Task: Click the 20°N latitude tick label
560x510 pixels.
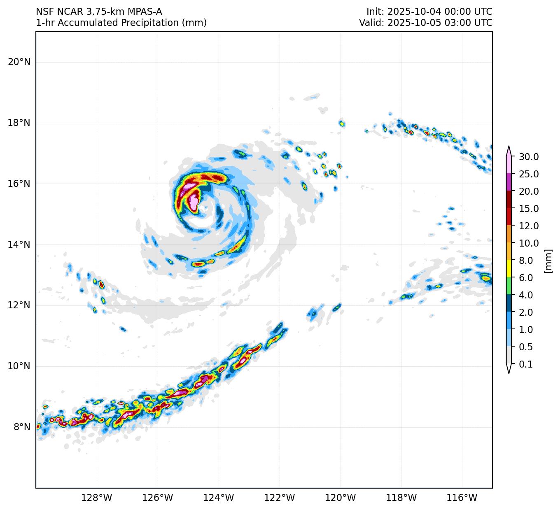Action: tap(19, 62)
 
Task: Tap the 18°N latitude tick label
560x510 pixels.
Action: tap(19, 123)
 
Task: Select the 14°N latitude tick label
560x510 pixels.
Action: tap(19, 245)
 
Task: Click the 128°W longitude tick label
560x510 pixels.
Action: tap(97, 498)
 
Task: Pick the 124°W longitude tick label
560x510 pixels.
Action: tap(219, 498)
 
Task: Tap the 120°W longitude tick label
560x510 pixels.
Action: tap(341, 498)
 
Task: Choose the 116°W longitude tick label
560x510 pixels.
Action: tap(462, 498)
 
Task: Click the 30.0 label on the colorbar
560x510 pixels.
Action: tap(529, 157)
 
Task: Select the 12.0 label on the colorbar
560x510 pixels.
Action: tap(529, 226)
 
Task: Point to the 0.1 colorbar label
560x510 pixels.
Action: tap(526, 364)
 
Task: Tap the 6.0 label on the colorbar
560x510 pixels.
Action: tap(526, 278)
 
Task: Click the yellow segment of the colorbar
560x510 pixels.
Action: tap(509, 268)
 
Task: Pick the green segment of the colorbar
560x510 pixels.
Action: tap(509, 286)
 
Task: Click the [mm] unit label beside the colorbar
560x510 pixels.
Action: tap(548, 261)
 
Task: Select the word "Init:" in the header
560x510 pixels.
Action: tap(376, 12)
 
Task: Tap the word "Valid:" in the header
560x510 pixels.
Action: tap(372, 23)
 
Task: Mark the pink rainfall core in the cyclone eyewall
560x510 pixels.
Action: tap(194, 202)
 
